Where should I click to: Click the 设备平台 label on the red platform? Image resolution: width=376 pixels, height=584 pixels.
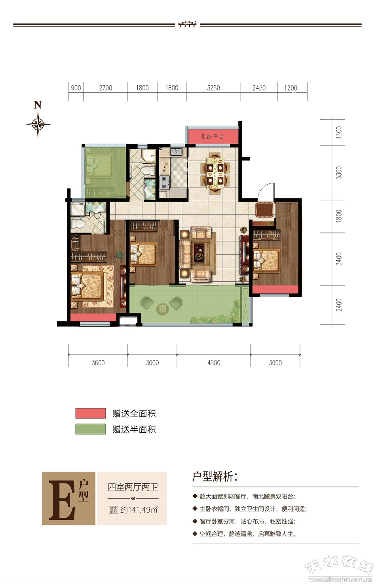click(x=212, y=137)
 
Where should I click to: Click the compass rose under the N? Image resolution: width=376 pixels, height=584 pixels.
click(x=38, y=124)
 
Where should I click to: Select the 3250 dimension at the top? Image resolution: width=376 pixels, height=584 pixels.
click(x=213, y=88)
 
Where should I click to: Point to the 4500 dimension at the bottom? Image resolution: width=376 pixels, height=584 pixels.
click(x=214, y=363)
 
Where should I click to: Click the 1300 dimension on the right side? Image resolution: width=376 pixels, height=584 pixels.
click(x=338, y=132)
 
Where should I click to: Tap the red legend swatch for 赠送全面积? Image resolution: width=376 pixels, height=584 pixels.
click(x=91, y=413)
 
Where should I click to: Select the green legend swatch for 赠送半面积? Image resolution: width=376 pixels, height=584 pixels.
click(x=91, y=429)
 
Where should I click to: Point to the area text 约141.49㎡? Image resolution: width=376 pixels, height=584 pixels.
click(x=139, y=510)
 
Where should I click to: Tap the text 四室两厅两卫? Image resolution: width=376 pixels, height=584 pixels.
click(x=133, y=487)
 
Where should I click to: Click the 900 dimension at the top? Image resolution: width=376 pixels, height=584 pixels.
click(x=76, y=88)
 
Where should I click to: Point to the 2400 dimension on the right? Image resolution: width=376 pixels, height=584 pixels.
click(x=338, y=305)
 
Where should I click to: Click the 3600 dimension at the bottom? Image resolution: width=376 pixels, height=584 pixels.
click(x=98, y=363)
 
